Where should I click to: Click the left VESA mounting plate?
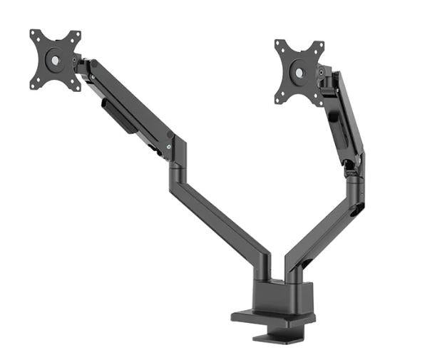[55, 60]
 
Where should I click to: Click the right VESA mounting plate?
[299, 73]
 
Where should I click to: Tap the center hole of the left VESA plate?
[55, 60]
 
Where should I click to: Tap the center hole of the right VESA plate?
[300, 73]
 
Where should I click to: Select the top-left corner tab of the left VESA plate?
[34, 34]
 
